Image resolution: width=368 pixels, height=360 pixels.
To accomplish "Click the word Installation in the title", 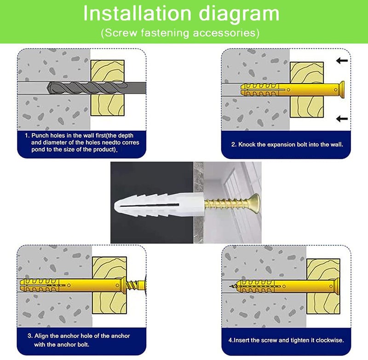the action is (137, 14).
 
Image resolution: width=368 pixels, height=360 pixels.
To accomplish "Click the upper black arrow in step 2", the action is (342, 61).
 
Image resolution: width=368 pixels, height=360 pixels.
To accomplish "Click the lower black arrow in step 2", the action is (342, 119).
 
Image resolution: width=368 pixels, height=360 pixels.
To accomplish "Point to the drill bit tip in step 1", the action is (48, 88).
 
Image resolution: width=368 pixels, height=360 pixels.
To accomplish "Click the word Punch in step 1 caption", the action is (40, 135).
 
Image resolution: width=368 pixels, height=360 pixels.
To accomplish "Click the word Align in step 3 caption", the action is (41, 336).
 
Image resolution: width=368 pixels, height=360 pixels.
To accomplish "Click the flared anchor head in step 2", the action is (341, 89).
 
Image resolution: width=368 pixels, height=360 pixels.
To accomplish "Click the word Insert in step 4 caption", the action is (241, 340).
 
